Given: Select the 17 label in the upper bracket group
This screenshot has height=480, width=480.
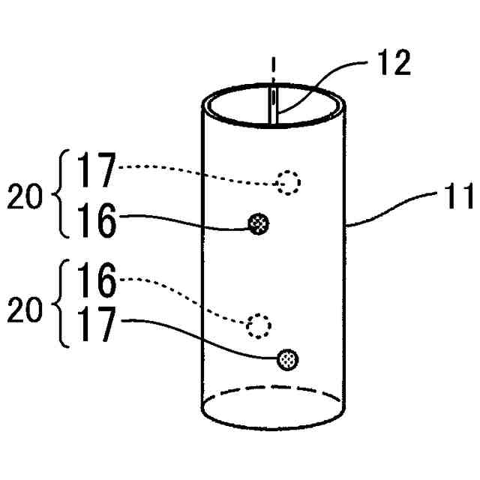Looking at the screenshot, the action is point(96,170).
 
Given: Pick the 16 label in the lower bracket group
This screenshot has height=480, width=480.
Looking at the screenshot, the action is point(96,284).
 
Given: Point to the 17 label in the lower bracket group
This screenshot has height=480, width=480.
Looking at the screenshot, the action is point(96,328).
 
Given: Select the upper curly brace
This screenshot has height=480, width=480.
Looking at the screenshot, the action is point(63,196).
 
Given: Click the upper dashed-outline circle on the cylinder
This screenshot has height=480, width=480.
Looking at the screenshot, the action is point(288,182).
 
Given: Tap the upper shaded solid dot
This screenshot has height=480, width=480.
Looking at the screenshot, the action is point(259,222).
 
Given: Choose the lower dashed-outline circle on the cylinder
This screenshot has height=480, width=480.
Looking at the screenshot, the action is point(259,325).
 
